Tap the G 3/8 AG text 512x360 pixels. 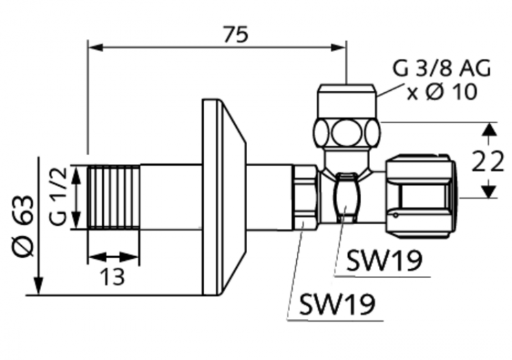click(x=441, y=68)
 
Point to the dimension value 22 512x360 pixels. click(x=488, y=162)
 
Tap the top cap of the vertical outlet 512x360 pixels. click(x=347, y=100)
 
